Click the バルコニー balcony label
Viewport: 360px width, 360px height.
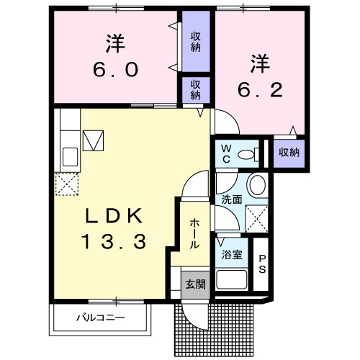pyautogui.click(x=100, y=317)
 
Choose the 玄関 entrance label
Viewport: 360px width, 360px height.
pyautogui.click(x=194, y=284)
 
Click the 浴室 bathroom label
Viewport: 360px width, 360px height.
pyautogui.click(x=230, y=254)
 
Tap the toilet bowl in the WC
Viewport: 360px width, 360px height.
pyautogui.click(x=247, y=153)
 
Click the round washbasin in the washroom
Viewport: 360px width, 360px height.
pyautogui.click(x=256, y=186)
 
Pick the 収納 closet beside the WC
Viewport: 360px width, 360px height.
pyautogui.click(x=289, y=152)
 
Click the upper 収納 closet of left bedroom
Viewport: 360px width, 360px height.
pyautogui.click(x=195, y=41)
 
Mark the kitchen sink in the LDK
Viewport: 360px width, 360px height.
pyautogui.click(x=71, y=156)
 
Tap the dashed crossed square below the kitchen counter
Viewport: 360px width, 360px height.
pyautogui.click(x=67, y=185)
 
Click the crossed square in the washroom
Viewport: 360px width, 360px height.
pyautogui.click(x=257, y=217)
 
